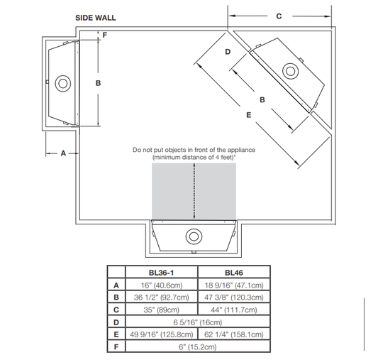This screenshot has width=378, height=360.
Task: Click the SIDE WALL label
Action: tap(96, 18)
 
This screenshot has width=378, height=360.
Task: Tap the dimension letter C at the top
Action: tap(279, 16)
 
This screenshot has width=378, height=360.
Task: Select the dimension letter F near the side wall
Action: tap(105, 35)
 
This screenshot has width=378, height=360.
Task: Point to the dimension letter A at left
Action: tap(63, 153)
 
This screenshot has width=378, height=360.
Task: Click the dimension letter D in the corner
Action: tap(228, 52)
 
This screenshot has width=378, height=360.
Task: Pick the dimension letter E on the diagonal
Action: tap(249, 115)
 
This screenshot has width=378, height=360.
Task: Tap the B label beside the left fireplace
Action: tap(98, 83)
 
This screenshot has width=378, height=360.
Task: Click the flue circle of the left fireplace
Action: tap(63, 84)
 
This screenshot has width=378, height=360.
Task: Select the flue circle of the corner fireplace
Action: tap(290, 71)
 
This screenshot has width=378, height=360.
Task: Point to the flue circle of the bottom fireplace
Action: tap(194, 236)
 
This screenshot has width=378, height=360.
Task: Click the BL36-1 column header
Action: tap(161, 273)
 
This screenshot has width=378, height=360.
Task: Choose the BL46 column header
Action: tap(234, 273)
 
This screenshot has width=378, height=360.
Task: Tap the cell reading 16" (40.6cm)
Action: tap(162, 285)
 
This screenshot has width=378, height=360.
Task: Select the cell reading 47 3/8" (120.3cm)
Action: tap(234, 298)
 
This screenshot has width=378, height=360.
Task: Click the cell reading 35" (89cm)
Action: tap(162, 310)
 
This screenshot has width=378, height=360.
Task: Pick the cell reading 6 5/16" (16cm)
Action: tap(198, 322)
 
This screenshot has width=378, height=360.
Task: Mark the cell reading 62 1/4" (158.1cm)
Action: tap(234, 334)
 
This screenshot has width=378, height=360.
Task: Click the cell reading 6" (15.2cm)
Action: tap(198, 347)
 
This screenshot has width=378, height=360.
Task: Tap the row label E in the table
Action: tap(116, 334)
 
